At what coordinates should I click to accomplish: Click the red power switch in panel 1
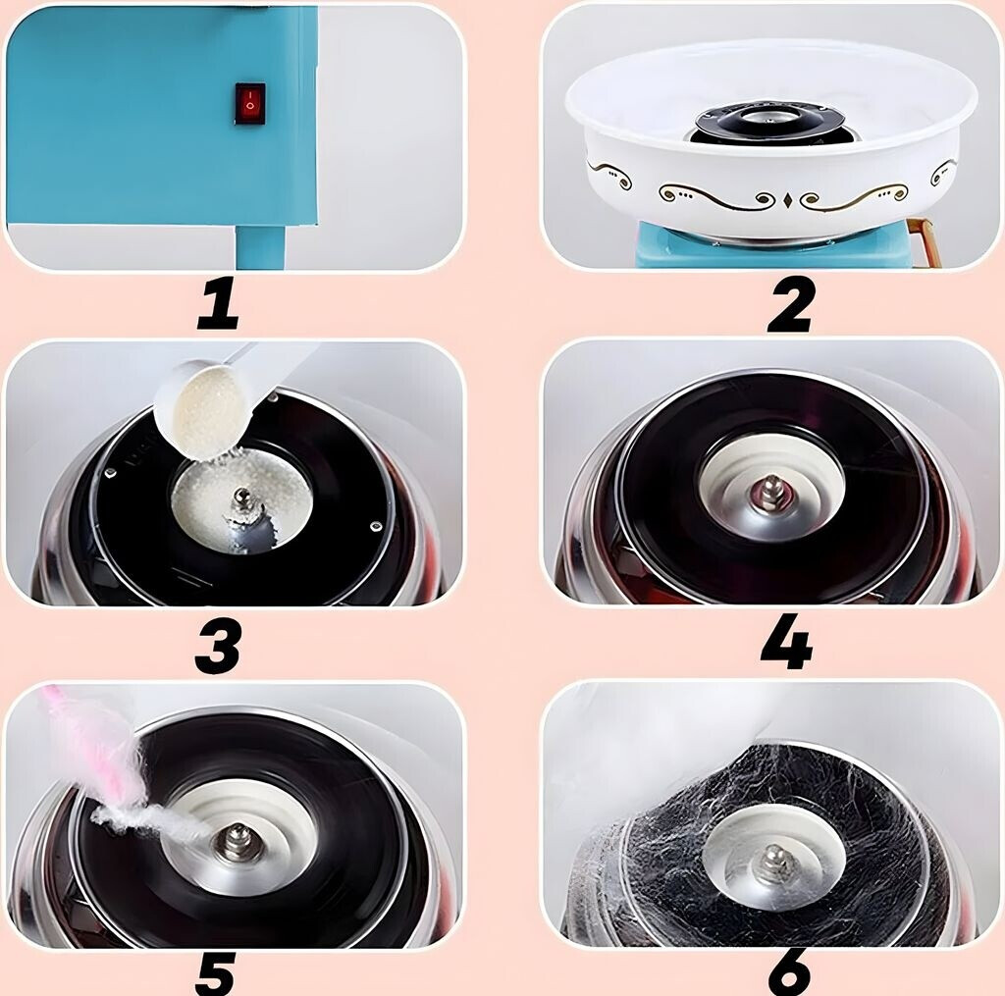point(250,103)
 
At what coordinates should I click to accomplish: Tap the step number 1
point(219,306)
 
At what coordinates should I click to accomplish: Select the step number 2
point(792,307)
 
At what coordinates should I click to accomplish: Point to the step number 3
point(218,648)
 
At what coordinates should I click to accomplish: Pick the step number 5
point(215,973)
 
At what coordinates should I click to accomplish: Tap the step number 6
point(790,973)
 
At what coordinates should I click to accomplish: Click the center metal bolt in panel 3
point(243,498)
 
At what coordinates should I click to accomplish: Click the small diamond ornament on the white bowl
point(788,198)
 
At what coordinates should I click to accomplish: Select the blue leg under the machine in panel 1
point(261,247)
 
